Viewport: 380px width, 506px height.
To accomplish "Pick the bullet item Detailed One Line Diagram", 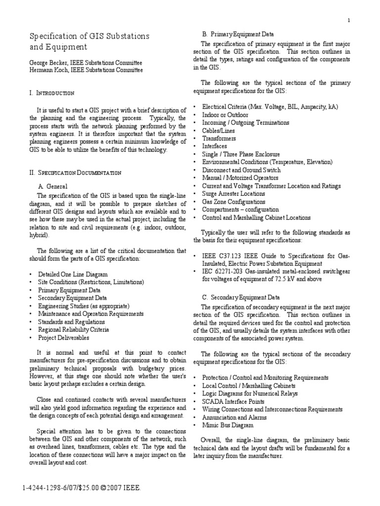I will pos(72,274).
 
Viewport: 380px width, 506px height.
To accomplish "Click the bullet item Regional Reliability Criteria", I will pos(73,330).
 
